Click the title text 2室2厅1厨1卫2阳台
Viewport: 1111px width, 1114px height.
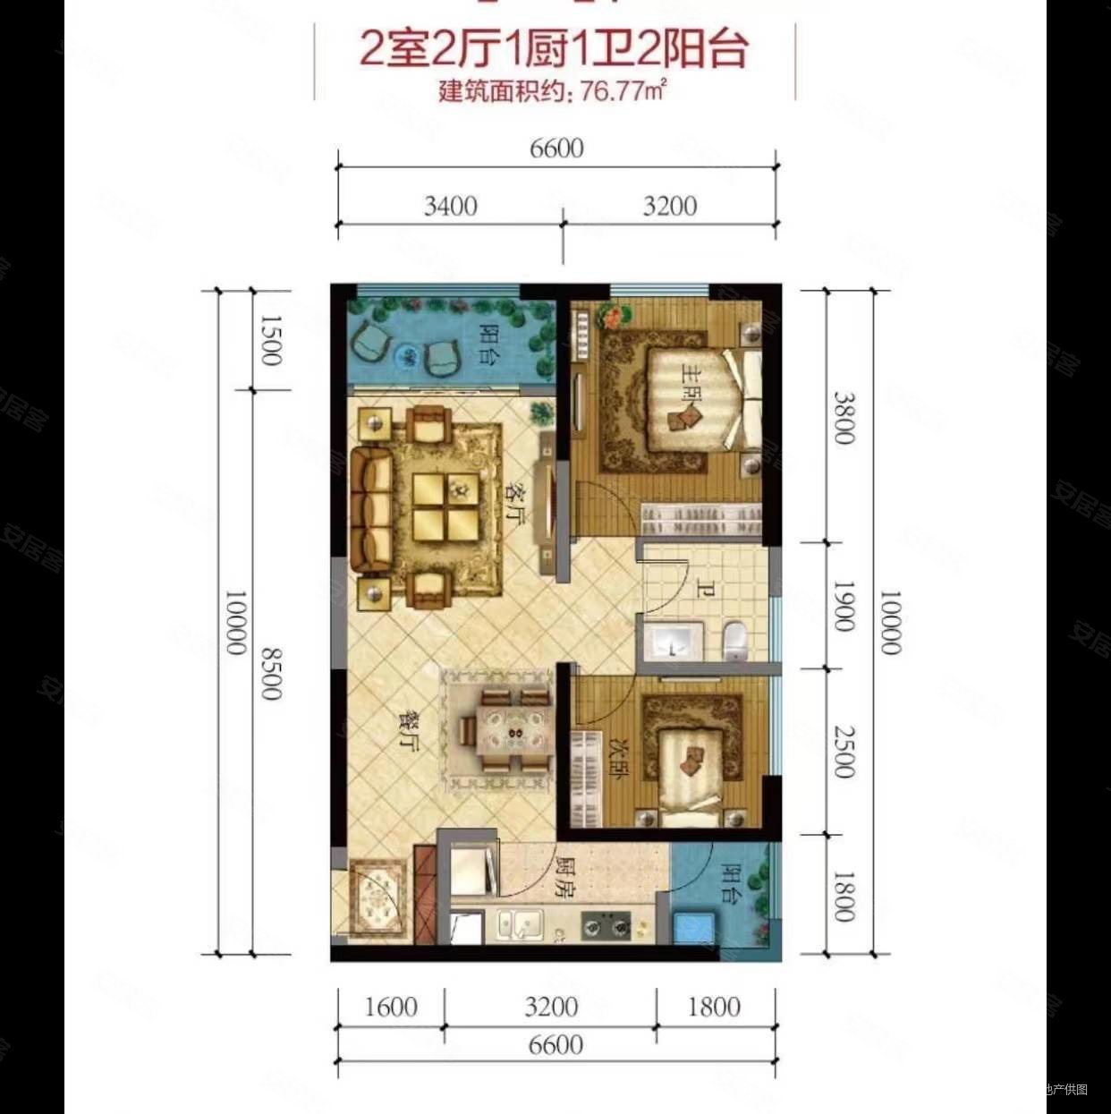[554, 49]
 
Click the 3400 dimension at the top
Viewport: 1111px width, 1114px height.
[450, 206]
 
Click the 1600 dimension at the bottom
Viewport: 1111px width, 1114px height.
[391, 1007]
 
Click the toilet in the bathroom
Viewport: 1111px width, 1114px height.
[735, 639]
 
